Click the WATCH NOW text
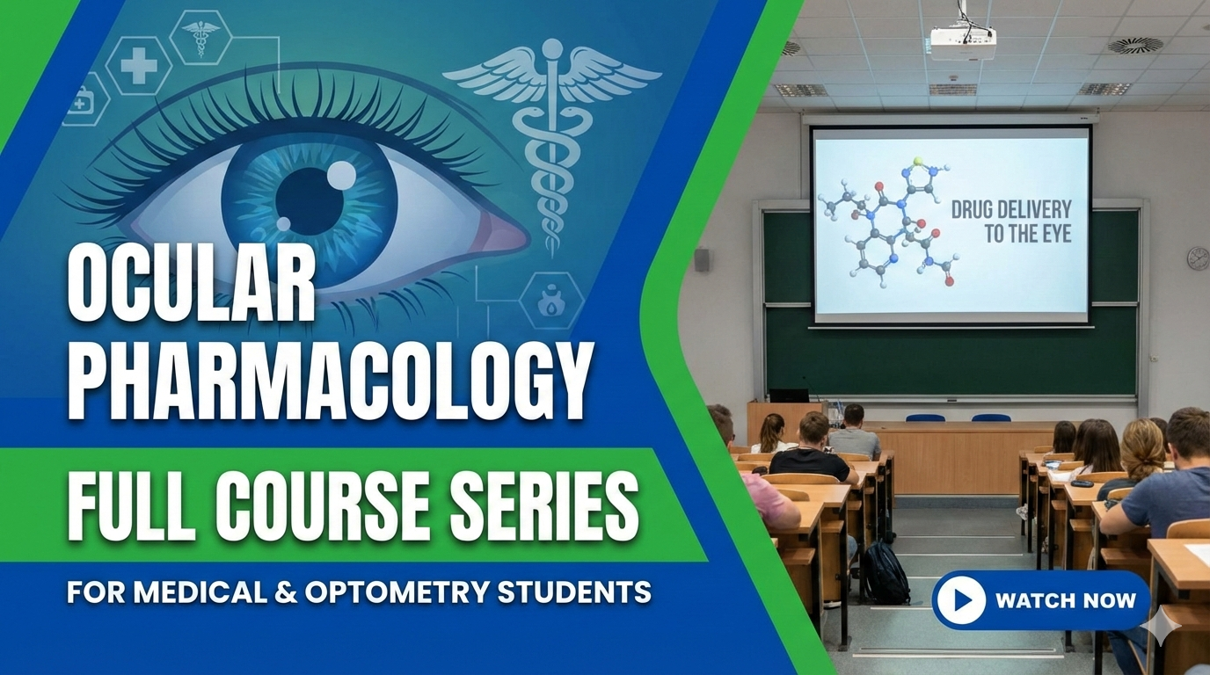1065,601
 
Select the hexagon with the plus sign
138,66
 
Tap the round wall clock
1198,257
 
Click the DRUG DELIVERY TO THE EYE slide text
1011,221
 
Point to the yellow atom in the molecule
919,162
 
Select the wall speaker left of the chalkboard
702,259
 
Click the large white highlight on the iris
340,177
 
